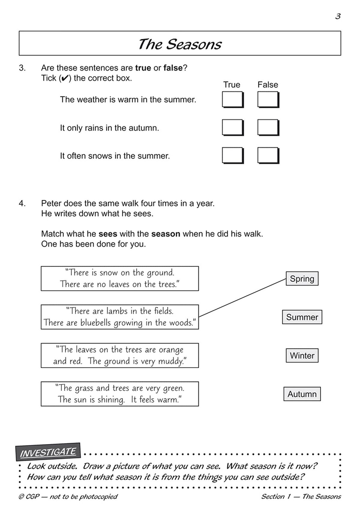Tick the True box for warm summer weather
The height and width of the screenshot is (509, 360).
pyautogui.click(x=232, y=99)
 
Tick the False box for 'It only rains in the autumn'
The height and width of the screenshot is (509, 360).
pyautogui.click(x=268, y=127)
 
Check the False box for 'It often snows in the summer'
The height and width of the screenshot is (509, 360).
pyautogui.click(x=268, y=155)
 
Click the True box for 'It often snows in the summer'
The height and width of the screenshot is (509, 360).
pyautogui.click(x=232, y=155)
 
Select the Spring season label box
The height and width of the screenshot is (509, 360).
pyautogui.click(x=302, y=278)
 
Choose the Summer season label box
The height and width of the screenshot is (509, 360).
pyautogui.click(x=302, y=317)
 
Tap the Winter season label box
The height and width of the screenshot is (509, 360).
pyautogui.click(x=302, y=355)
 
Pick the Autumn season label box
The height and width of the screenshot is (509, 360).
pyautogui.click(x=302, y=394)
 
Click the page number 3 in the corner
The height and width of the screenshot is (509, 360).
pyautogui.click(x=338, y=16)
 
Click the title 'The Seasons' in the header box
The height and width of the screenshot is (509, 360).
pyautogui.click(x=179, y=44)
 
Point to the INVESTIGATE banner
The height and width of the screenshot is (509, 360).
pyautogui.click(x=48, y=452)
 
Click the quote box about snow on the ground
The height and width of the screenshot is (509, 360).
pyautogui.click(x=120, y=278)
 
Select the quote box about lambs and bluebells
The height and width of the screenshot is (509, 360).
pyautogui.click(x=120, y=317)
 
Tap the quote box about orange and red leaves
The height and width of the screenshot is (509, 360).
pyautogui.click(x=120, y=355)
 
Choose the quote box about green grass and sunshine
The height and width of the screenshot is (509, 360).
pyautogui.click(x=120, y=394)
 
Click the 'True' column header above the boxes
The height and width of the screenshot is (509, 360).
pyautogui.click(x=232, y=85)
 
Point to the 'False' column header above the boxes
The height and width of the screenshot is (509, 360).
pyautogui.click(x=268, y=85)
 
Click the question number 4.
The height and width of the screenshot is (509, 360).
pyautogui.click(x=22, y=203)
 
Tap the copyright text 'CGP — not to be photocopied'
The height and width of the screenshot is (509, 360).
pyautogui.click(x=68, y=497)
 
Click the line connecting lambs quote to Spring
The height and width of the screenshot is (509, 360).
pyautogui.click(x=242, y=298)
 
